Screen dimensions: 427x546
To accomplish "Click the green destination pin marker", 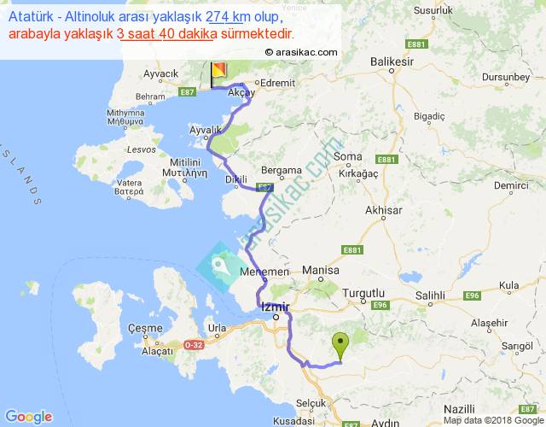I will pyautogui.click(x=341, y=346).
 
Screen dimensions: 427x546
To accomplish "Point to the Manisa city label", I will pyautogui.click(x=321, y=272).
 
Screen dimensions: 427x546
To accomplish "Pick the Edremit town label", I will pyautogui.click(x=278, y=83).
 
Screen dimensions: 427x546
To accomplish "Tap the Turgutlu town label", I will pyautogui.click(x=364, y=293).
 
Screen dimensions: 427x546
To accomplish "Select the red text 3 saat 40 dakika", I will pyautogui.click(x=169, y=34).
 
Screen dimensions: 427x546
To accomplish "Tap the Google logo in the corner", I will pyautogui.click(x=28, y=416).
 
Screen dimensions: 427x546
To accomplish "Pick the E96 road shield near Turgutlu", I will pyautogui.click(x=380, y=305).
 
